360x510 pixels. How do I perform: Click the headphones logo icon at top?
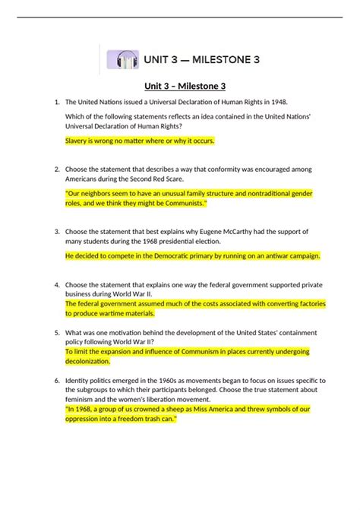122,59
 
